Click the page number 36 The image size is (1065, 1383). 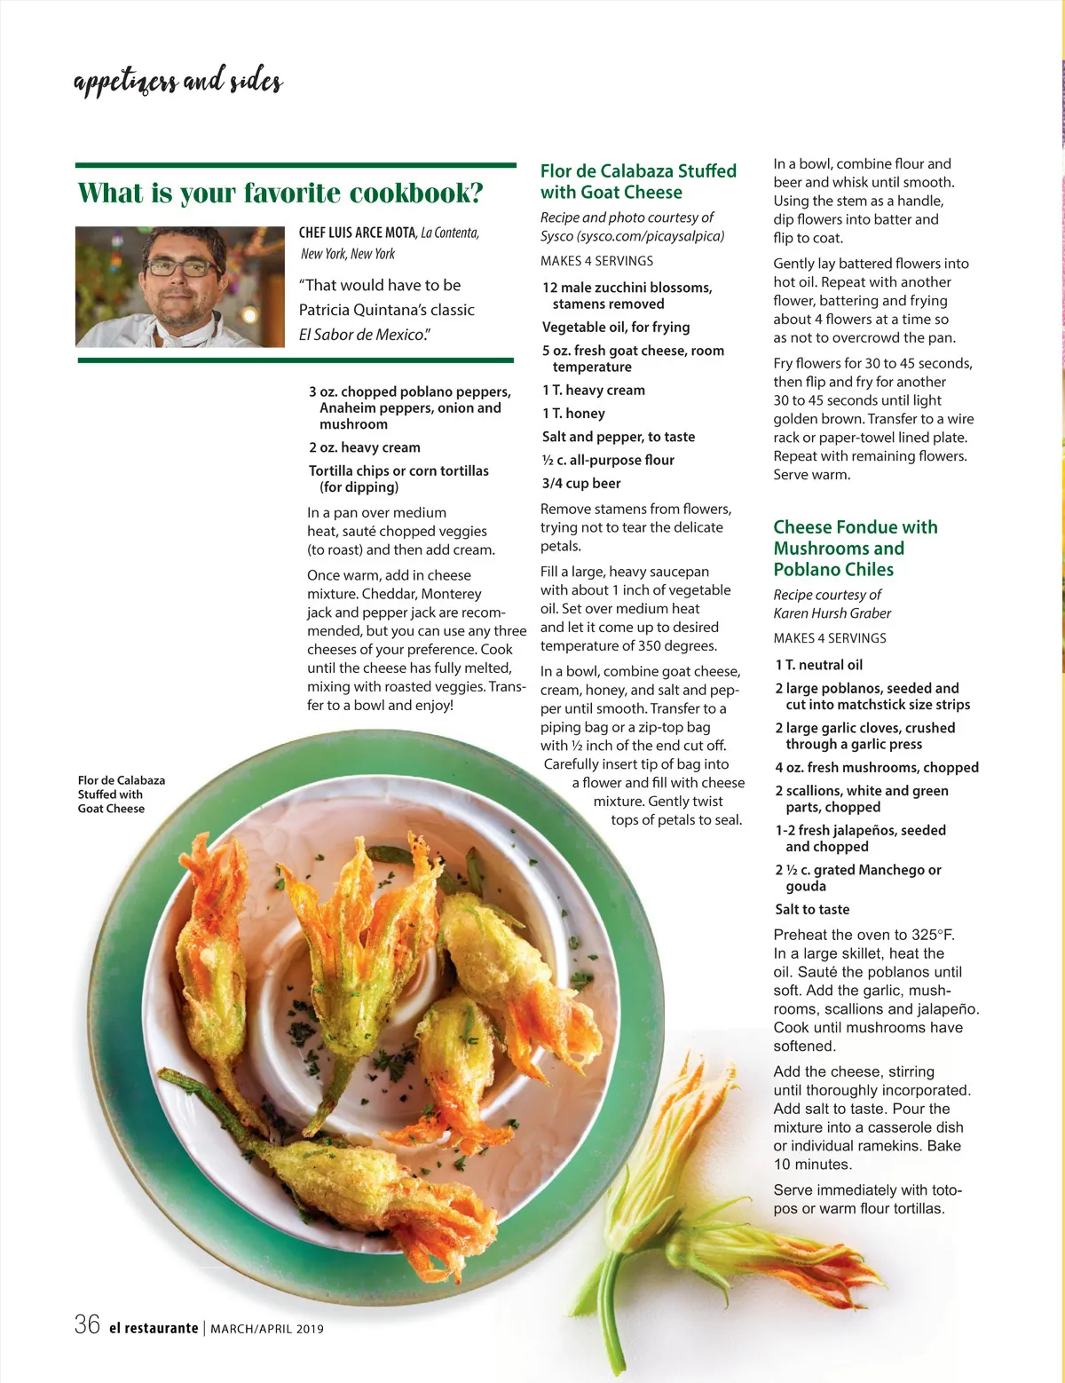pos(87,1325)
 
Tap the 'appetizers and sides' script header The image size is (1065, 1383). pos(178,82)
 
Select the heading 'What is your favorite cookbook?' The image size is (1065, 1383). pos(280,193)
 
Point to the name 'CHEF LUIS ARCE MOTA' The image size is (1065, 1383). pos(357,233)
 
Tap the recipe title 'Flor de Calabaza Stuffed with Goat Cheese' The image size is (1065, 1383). pos(638,181)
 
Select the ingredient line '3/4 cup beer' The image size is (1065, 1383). pos(581,483)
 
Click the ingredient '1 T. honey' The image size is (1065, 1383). pos(573,413)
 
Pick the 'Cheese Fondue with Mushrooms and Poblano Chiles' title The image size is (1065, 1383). pos(855,548)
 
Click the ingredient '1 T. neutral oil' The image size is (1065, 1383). pos(818,665)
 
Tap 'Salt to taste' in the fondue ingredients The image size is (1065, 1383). pos(812,909)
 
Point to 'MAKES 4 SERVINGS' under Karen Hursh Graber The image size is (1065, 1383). pos(829,638)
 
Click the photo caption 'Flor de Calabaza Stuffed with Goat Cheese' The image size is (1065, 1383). pos(121,794)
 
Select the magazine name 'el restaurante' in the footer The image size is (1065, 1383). pos(154,1328)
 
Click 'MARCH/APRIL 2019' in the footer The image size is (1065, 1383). pos(267,1329)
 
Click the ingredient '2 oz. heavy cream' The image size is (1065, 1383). pos(365,447)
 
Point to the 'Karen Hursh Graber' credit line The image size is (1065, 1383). pos(832,613)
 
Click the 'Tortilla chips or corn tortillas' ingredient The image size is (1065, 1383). pos(398,470)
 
